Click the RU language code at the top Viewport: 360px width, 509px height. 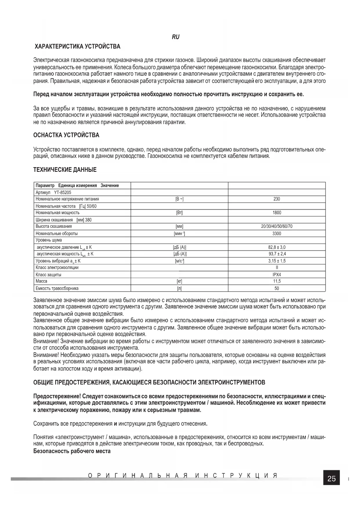(176, 37)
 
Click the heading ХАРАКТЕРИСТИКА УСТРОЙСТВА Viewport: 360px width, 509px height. (77, 46)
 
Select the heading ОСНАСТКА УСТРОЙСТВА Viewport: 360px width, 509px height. (66, 135)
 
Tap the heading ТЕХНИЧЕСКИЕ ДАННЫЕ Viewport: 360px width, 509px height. (65, 170)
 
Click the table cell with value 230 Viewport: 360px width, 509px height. (277, 199)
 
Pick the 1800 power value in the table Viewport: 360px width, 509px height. (277, 213)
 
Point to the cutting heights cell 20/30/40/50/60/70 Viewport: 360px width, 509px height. (277, 226)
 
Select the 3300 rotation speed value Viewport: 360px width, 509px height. (277, 233)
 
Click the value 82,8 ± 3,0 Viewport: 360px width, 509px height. (277, 247)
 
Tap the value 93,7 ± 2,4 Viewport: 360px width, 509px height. (277, 254)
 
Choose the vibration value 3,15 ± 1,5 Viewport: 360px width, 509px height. (277, 261)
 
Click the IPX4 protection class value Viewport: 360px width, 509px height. (277, 275)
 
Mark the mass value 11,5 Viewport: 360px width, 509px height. (277, 281)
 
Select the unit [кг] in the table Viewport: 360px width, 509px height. (180, 281)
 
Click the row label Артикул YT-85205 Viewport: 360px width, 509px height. (53, 192)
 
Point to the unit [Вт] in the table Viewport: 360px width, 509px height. (180, 213)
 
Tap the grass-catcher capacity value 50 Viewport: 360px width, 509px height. (277, 288)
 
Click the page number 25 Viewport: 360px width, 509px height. (331, 479)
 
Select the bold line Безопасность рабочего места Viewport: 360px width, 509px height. (72, 451)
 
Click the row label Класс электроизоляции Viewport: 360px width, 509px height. (57, 268)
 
